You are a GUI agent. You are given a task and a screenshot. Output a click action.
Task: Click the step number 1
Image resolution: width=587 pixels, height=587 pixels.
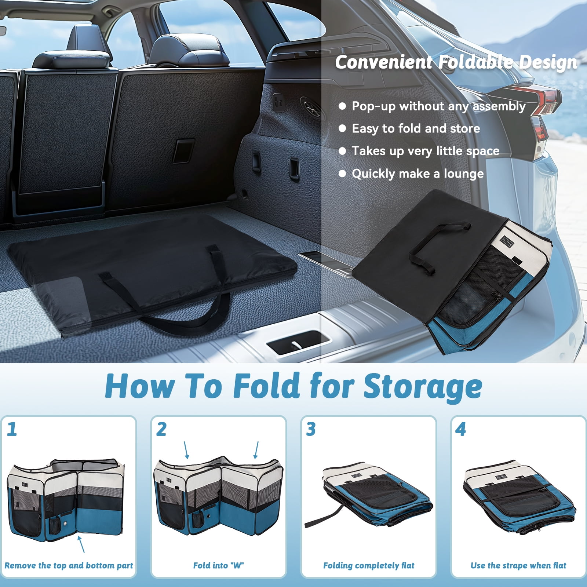click(x=12, y=429)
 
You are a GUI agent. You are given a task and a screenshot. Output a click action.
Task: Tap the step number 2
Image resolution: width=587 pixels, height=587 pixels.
click(x=161, y=429)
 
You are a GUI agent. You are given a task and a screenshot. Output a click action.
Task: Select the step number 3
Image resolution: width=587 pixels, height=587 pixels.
click(x=311, y=429)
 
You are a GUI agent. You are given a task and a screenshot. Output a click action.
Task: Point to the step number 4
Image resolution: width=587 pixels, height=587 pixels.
click(x=460, y=429)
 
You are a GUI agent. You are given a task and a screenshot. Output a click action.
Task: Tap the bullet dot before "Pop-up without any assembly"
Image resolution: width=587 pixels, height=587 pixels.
click(x=342, y=106)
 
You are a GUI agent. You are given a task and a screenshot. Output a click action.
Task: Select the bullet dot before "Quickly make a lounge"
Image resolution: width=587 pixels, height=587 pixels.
click(x=342, y=174)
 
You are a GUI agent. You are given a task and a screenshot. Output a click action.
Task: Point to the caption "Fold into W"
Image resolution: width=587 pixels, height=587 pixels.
click(x=218, y=565)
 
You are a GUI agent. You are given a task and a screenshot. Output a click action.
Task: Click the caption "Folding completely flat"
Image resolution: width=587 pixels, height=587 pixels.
click(x=369, y=565)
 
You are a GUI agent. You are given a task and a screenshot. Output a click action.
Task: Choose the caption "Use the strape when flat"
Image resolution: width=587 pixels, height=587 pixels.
click(x=518, y=565)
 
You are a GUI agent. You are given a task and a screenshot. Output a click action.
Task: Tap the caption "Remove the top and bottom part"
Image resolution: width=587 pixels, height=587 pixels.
click(x=69, y=565)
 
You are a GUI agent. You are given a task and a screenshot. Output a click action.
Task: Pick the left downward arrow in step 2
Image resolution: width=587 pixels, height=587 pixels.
click(x=186, y=450)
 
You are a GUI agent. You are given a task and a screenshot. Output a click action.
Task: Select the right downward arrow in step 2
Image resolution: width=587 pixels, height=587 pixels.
click(x=256, y=450)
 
